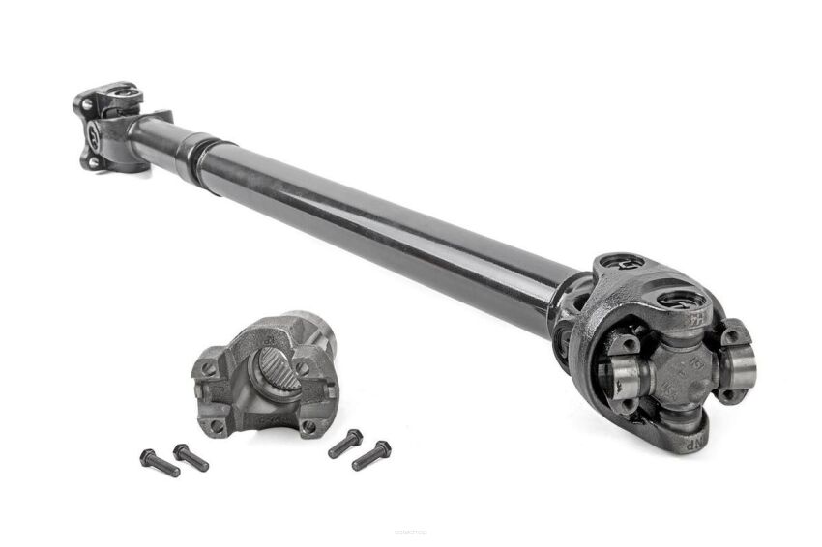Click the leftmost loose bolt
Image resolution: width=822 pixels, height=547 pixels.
click(x=160, y=462)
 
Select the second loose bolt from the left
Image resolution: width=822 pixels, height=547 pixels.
click(x=191, y=457)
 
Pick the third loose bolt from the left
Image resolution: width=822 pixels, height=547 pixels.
click(x=345, y=444)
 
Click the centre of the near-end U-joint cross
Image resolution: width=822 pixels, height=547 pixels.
click(x=668, y=369)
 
